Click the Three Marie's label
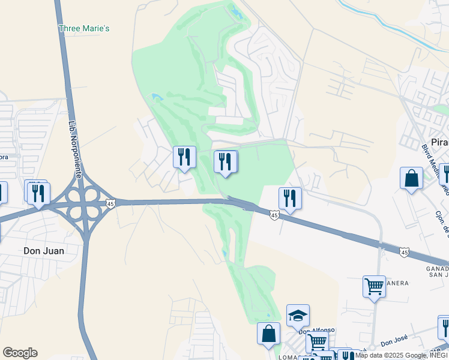click(x=84, y=28)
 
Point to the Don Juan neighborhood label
click(x=43, y=251)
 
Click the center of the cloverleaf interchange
click(x=83, y=203)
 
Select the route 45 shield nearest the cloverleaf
click(x=110, y=204)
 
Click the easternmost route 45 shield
click(x=405, y=253)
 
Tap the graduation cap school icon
click(x=298, y=315)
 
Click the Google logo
click(x=20, y=353)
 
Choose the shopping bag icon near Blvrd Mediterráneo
click(x=412, y=178)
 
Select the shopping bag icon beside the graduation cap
click(x=268, y=334)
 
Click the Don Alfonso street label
click(x=317, y=331)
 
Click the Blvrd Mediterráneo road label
click(x=431, y=160)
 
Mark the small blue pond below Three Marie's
click(x=157, y=97)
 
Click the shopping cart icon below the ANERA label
click(x=374, y=287)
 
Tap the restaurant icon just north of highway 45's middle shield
click(x=290, y=199)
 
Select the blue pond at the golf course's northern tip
click(x=236, y=11)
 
